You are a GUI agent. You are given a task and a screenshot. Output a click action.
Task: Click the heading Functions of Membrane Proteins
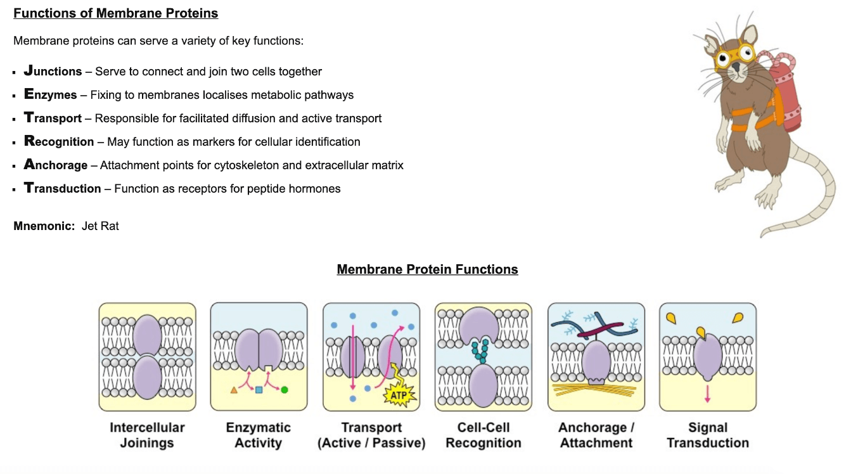[115, 13]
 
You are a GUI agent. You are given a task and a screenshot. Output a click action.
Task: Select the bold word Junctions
[53, 71]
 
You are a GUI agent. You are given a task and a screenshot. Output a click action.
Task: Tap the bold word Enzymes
[50, 94]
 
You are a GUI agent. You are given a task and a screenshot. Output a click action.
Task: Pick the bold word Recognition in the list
[59, 141]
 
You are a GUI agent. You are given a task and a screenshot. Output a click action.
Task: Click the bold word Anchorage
[56, 165]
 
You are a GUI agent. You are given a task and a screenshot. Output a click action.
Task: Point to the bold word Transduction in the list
[62, 188]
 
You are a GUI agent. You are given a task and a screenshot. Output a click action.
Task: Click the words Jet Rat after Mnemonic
[100, 226]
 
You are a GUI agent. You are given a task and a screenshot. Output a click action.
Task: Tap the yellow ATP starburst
[399, 395]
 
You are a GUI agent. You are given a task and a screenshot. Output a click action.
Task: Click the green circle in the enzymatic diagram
[285, 390]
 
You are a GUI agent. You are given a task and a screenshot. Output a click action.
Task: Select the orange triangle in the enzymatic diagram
[234, 390]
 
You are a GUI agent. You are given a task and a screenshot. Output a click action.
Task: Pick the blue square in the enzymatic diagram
[259, 390]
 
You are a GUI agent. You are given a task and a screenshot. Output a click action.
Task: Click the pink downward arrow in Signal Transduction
[707, 394]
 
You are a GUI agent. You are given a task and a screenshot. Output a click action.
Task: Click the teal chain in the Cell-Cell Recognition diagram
[480, 351]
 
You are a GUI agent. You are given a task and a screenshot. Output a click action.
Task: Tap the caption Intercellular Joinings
[147, 435]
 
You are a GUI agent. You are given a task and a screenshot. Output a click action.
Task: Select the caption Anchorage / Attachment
[596, 435]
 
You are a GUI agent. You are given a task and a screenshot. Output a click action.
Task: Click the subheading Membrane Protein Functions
[427, 269]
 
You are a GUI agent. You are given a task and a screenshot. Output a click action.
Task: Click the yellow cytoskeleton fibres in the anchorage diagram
[594, 390]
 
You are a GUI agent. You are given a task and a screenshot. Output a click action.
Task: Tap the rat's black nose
[736, 67]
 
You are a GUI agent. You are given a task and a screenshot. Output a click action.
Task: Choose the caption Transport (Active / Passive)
[371, 435]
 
